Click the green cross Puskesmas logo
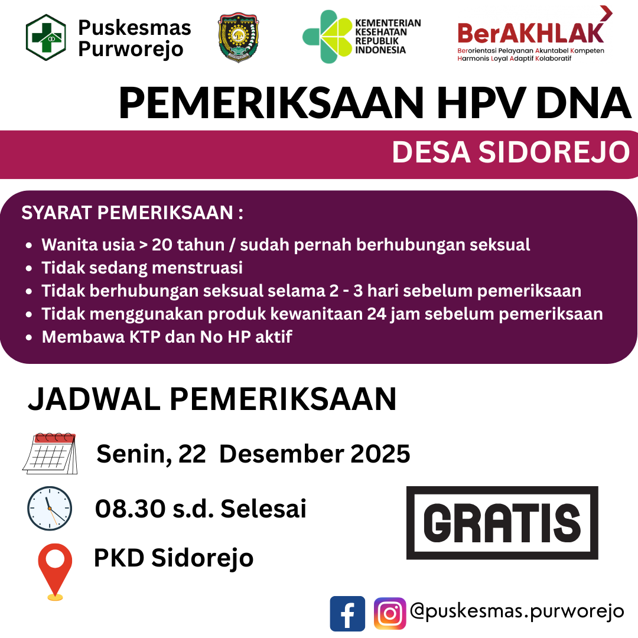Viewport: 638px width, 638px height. [x=45, y=37]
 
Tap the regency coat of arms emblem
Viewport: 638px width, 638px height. [x=238, y=37]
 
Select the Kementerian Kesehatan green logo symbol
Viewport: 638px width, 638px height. [x=327, y=37]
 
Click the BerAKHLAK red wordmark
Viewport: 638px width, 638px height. [x=530, y=32]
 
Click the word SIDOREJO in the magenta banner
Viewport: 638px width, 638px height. [x=554, y=152]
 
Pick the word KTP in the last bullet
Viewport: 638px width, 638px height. [x=145, y=337]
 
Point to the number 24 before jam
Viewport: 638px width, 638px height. [x=377, y=314]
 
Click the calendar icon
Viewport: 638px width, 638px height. [x=50, y=453]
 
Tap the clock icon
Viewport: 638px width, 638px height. [x=50, y=508]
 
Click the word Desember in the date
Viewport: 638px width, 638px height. [x=281, y=454]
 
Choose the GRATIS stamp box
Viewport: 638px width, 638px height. [x=502, y=522]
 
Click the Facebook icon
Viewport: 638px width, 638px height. [x=347, y=614]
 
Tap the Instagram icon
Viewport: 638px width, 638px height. [x=390, y=614]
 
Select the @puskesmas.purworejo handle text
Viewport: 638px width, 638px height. [x=517, y=611]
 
